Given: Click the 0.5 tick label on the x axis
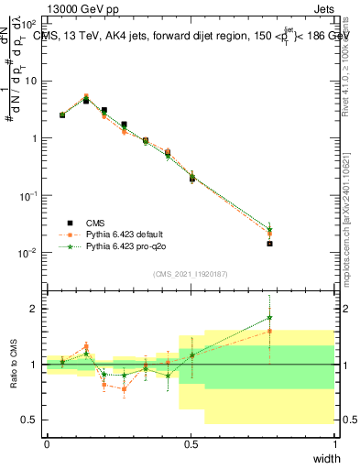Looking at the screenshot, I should (x=191, y=444).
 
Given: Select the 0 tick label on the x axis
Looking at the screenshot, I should (x=48, y=444).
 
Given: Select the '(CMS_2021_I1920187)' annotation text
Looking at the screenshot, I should (x=191, y=274).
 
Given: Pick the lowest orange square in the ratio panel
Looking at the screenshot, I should (x=124, y=389).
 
